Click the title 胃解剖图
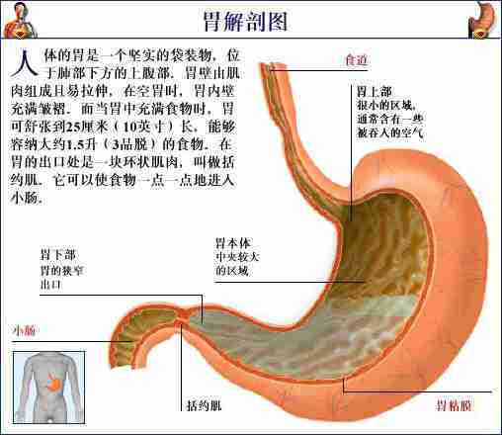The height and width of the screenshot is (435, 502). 246,21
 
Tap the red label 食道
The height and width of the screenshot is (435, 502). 356,60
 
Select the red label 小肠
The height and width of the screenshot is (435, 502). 24,330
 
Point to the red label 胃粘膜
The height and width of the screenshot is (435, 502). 455,405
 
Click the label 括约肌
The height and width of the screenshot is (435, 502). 205,405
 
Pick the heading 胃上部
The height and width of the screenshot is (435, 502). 375,91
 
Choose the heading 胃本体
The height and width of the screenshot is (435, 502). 233,243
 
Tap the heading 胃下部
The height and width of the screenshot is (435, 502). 58,255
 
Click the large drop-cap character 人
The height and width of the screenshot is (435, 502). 24,63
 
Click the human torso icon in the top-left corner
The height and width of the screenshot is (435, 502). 21,20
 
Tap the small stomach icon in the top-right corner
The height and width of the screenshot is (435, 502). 482,20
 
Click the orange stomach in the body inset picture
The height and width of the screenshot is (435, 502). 54,383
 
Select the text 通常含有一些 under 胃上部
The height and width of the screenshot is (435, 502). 390,119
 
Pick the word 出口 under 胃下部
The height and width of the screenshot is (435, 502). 50,284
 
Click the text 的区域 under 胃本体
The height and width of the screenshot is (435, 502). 232,271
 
